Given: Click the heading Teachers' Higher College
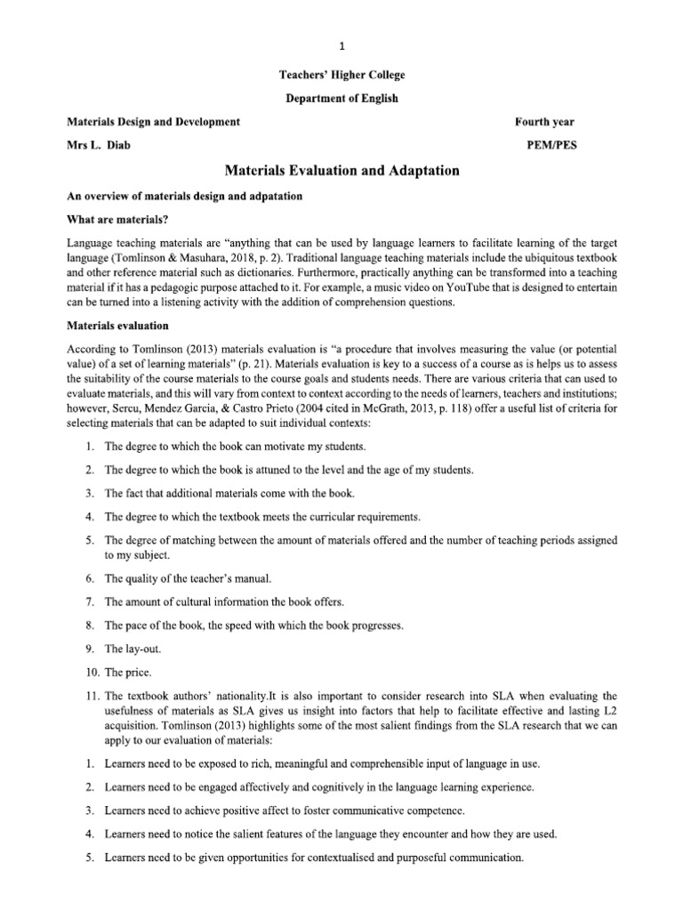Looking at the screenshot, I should coord(341,76).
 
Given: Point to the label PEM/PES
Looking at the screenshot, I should coord(551,144).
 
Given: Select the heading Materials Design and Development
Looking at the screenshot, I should coord(154,121).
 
